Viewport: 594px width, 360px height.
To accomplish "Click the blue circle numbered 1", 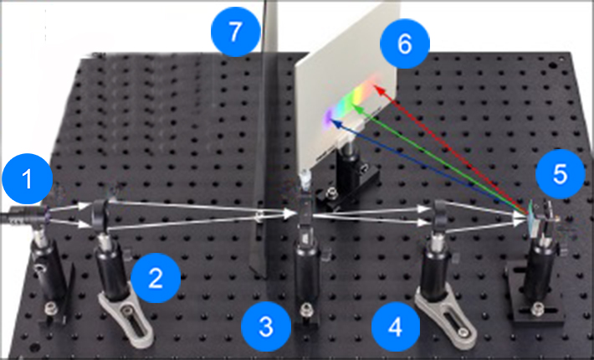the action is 28,178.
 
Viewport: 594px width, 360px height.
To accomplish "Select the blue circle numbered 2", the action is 156,278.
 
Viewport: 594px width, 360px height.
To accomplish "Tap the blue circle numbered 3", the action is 266,327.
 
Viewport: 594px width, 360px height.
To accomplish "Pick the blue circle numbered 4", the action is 396,327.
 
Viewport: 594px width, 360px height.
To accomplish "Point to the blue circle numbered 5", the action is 561,174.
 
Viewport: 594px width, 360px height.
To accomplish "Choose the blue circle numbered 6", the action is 405,44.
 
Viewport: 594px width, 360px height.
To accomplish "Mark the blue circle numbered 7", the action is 236,32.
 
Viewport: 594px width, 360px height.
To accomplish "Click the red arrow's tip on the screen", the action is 375,86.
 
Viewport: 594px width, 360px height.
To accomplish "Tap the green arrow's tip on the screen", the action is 353,105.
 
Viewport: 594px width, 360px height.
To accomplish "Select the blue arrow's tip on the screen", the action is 330,120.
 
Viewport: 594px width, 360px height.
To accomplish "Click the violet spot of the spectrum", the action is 327,116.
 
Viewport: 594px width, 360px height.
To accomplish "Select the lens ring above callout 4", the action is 439,215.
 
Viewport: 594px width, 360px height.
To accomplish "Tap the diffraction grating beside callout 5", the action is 534,219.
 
